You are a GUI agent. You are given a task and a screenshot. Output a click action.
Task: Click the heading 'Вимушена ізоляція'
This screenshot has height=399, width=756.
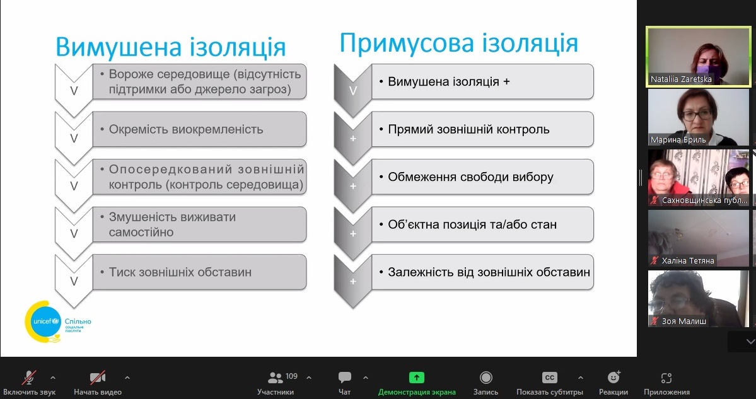coord(171,47)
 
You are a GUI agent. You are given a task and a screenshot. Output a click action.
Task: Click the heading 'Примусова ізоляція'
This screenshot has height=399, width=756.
coord(458,43)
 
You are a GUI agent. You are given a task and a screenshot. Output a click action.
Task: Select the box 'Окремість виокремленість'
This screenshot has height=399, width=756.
coord(200,129)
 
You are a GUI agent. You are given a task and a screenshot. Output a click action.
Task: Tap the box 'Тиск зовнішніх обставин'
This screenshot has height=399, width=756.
coord(200,272)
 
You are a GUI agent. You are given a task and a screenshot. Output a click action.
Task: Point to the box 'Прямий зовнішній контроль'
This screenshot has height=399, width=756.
coord(482,129)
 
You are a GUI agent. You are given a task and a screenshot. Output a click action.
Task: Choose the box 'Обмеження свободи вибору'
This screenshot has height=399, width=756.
coord(482,177)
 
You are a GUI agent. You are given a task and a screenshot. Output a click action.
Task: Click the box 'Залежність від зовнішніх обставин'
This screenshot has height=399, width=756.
coord(482,272)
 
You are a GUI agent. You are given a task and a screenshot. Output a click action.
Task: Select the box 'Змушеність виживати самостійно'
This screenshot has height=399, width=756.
coord(200,224)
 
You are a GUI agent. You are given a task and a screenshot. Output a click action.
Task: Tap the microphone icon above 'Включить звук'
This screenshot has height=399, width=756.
coord(30,378)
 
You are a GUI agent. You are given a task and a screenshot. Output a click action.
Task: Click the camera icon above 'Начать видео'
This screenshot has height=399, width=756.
coord(97,378)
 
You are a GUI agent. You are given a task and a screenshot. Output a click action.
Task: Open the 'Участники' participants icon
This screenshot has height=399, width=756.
coord(276,378)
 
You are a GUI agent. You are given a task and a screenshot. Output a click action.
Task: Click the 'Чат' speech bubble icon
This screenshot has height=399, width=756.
coord(345,378)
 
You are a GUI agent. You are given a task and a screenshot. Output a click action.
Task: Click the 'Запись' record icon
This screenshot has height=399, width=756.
coord(486,378)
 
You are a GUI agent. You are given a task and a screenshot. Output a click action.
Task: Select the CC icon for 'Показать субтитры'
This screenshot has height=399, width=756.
coord(550,378)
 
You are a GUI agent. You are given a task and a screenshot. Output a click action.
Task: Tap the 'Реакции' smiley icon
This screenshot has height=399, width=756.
coord(614,377)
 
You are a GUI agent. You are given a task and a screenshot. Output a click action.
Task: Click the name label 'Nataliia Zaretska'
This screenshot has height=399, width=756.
coord(681,79)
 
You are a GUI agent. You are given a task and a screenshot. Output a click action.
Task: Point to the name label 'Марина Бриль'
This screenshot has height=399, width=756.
coord(678,140)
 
